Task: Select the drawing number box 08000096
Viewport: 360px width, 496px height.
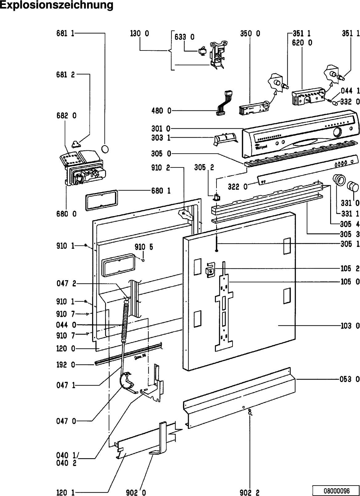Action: (336, 490)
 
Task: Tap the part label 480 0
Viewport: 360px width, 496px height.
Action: (161, 111)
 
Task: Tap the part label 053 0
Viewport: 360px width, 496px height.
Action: (350, 379)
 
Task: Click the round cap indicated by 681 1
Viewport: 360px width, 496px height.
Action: (105, 149)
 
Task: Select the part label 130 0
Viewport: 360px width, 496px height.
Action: (140, 34)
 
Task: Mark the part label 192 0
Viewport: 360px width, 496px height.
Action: (66, 365)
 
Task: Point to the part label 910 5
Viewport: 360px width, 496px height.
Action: (144, 247)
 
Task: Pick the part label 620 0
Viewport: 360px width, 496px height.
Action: (302, 43)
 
